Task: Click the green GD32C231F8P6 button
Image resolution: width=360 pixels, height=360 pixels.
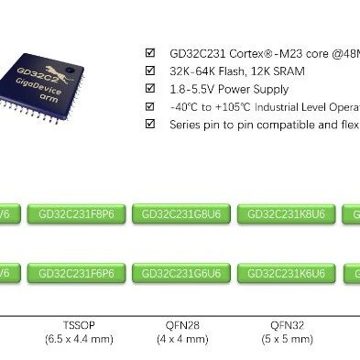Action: pyautogui.click(x=76, y=214)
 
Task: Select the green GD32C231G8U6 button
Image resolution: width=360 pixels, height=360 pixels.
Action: pyautogui.click(x=180, y=214)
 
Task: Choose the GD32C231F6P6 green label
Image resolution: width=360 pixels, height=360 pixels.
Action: pyautogui.click(x=76, y=273)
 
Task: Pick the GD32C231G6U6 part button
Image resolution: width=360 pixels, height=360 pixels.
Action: pyautogui.click(x=180, y=273)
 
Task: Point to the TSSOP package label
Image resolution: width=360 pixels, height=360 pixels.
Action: pyautogui.click(x=78, y=324)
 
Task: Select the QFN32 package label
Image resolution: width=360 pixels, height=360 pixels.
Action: pyautogui.click(x=284, y=324)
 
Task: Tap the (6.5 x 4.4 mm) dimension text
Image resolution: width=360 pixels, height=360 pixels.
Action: pyautogui.click(x=78, y=339)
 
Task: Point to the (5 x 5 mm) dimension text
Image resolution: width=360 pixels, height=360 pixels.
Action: pyautogui.click(x=284, y=339)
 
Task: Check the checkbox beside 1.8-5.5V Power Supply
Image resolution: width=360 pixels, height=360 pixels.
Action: pyautogui.click(x=151, y=89)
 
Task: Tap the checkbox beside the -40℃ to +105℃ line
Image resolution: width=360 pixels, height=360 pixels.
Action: pyautogui.click(x=151, y=107)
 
